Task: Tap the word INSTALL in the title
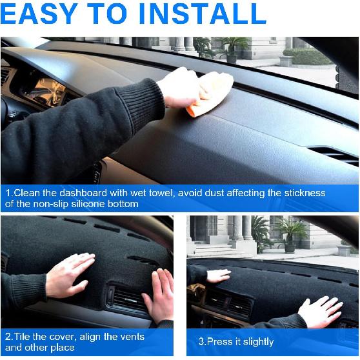click(x=207, y=14)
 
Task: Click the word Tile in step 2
click(x=22, y=337)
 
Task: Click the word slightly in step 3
click(x=257, y=342)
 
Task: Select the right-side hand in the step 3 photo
click(x=321, y=311)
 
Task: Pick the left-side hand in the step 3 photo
click(x=217, y=275)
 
